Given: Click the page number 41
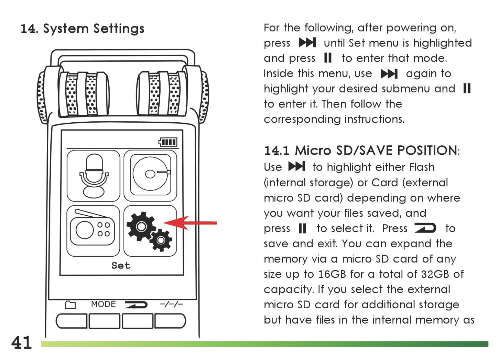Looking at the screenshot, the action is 21,342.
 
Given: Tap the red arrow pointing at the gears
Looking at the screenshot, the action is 190,223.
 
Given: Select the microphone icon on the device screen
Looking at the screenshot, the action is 93,175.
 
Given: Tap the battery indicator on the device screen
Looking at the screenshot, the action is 168,142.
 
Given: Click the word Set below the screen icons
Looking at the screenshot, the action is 121,265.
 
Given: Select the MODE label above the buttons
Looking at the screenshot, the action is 103,304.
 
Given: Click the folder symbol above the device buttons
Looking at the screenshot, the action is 70,305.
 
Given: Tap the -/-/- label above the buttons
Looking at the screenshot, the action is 171,304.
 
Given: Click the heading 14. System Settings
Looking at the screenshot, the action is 82,29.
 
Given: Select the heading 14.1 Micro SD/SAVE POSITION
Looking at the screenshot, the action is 361,150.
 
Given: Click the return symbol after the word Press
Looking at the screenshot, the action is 425,228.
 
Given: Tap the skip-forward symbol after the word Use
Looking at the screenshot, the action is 297,166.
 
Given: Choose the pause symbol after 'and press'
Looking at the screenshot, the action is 328,58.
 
